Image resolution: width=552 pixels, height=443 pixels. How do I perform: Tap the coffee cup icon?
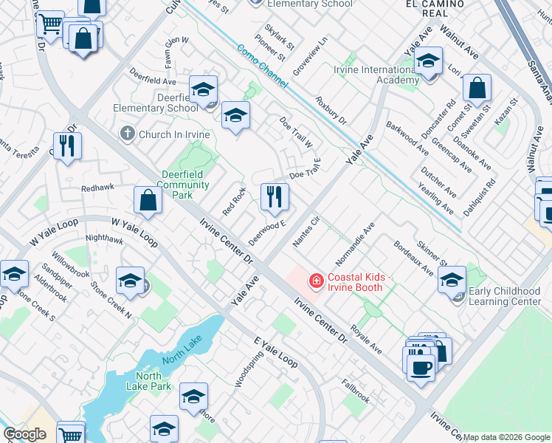point(421,366)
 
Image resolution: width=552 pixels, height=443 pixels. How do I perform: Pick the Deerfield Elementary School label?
point(155,103)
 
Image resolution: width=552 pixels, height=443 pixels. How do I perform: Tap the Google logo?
point(24,434)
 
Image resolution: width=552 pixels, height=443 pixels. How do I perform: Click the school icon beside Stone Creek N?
point(130,281)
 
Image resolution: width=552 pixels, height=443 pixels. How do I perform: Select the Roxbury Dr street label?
point(331,109)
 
